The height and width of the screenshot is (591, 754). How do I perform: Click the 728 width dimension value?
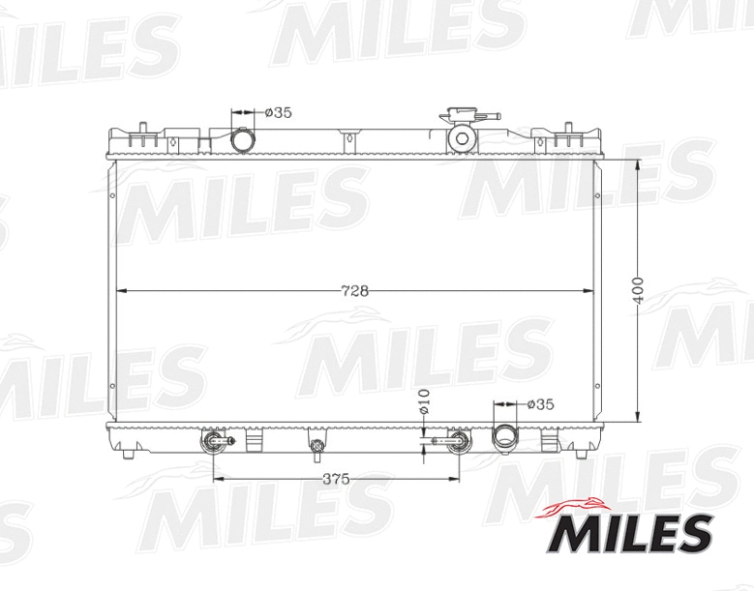[x=355, y=290]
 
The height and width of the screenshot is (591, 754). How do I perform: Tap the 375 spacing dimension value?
[x=336, y=479]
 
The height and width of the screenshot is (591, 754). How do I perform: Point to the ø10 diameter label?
[x=423, y=402]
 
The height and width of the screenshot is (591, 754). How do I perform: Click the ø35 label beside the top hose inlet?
[x=279, y=112]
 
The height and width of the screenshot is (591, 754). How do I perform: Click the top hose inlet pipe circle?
[x=243, y=141]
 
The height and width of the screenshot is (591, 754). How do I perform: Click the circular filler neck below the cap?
[x=462, y=138]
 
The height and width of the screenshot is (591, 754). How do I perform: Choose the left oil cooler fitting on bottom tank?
[x=214, y=443]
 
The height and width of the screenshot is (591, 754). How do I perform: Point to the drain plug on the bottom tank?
[x=317, y=446]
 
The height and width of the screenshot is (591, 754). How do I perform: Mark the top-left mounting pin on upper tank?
[x=143, y=129]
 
